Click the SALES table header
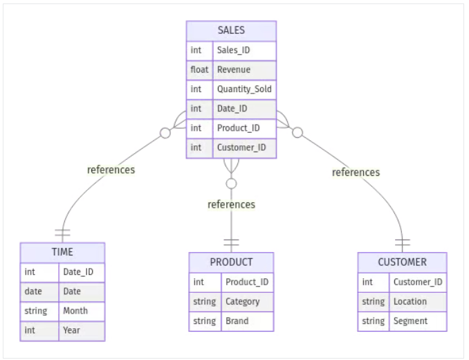[x=231, y=30]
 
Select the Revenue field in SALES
[x=234, y=70]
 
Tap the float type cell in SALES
[x=199, y=70]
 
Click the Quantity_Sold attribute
[x=244, y=89]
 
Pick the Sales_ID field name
[x=233, y=51]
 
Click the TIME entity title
[x=62, y=252]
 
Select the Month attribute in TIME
[x=75, y=311]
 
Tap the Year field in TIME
[x=71, y=330]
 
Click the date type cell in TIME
[x=33, y=291]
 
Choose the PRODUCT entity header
[x=231, y=262]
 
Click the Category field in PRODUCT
[x=242, y=301]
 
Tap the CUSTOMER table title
[x=402, y=262]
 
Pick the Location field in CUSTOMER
[x=410, y=301]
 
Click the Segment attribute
[x=410, y=321]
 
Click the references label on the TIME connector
[x=111, y=170]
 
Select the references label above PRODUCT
[x=231, y=204]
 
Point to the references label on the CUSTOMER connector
[x=356, y=172]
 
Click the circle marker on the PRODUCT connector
[x=231, y=183]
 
